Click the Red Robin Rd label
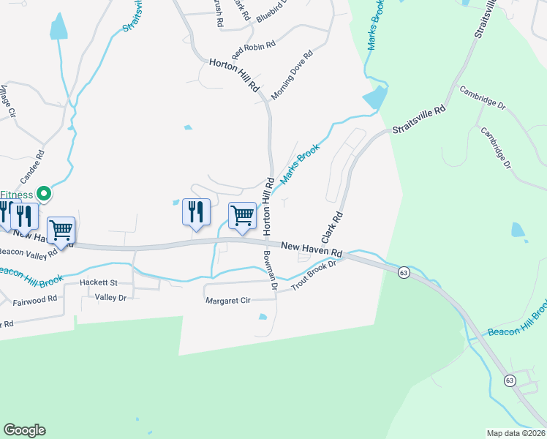[254, 50]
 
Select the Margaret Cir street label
[227, 301]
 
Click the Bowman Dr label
[269, 270]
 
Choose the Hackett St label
[99, 282]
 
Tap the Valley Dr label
[111, 298]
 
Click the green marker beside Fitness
[44, 194]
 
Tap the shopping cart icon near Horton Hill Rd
[242, 215]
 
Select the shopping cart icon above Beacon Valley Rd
[61, 230]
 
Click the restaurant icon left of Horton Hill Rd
[196, 212]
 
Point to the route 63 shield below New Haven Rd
[404, 272]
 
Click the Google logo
[24, 430]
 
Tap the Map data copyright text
[516, 433]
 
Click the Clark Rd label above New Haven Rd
[331, 228]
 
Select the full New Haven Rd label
[312, 249]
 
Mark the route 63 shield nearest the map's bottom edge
[510, 380]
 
